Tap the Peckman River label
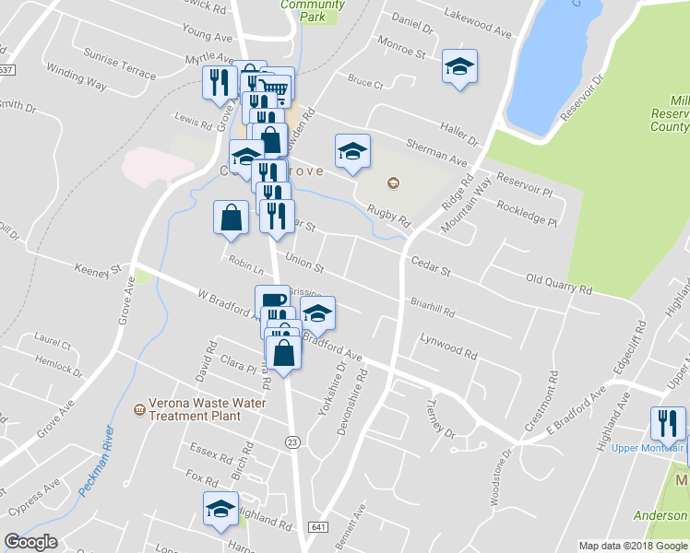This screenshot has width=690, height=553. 97,461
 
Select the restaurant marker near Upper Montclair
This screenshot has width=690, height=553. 668,424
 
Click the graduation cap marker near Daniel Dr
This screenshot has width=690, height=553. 458,66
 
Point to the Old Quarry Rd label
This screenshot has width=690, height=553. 558,284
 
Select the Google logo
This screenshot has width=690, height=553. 30,542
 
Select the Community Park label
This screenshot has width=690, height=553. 313,10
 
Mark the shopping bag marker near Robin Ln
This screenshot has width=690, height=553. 231,218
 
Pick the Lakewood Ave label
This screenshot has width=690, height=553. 477,23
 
